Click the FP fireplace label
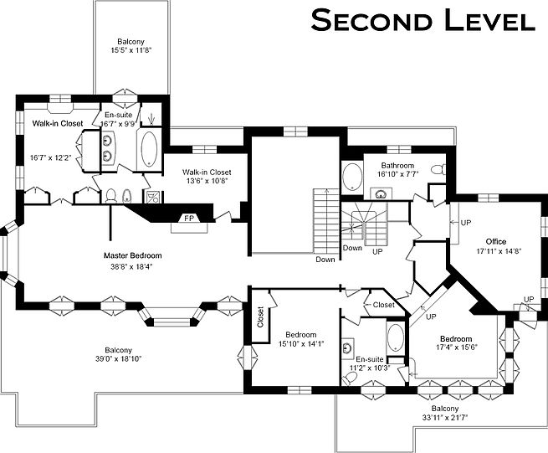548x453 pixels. (189, 219)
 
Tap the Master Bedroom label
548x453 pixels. (133, 255)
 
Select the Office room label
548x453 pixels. (496, 242)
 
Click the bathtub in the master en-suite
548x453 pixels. (149, 148)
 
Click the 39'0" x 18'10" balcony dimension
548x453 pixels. (119, 359)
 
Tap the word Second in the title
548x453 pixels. (371, 21)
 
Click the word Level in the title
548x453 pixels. (490, 21)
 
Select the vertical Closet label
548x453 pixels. (260, 317)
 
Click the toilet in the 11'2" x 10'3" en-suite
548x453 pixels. (350, 378)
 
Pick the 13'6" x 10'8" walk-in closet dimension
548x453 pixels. (207, 181)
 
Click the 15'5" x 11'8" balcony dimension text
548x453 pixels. (131, 50)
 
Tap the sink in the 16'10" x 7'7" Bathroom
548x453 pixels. (381, 193)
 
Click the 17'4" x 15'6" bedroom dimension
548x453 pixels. (456, 347)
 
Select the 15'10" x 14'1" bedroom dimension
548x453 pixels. (301, 344)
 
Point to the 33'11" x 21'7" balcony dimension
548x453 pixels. (444, 417)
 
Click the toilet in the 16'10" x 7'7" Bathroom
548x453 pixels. (438, 170)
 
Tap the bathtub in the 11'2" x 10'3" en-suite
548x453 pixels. (395, 337)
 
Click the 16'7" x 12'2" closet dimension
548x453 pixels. (51, 158)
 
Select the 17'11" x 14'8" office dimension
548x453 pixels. (495, 251)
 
